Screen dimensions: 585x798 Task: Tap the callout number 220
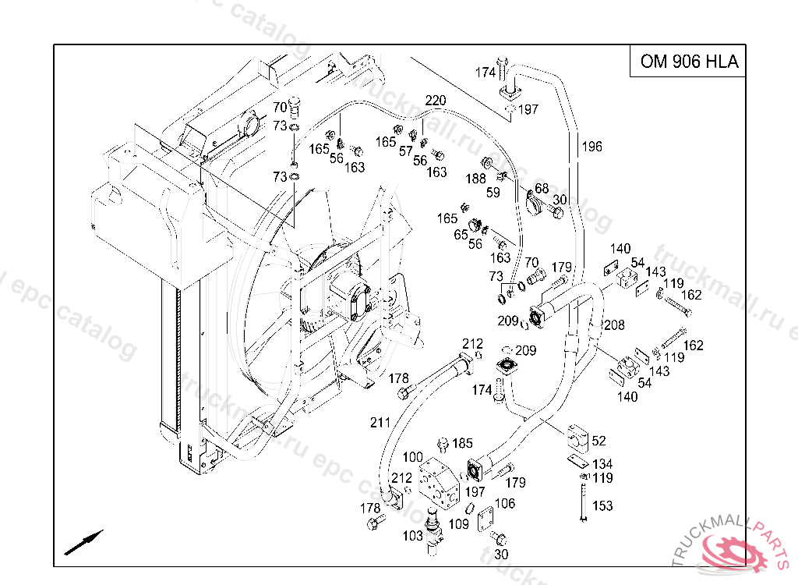436,101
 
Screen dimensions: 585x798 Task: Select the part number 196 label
591,146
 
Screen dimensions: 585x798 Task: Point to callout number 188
475,179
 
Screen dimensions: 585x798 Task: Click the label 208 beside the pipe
614,324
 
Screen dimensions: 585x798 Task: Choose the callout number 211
380,423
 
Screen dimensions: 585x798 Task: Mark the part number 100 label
413,457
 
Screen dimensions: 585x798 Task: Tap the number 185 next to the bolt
463,444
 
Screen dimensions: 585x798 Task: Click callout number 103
413,536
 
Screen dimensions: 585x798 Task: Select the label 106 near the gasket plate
505,504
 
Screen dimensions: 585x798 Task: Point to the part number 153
602,506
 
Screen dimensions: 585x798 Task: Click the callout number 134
602,465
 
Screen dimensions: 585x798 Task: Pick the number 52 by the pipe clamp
598,441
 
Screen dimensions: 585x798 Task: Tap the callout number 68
542,188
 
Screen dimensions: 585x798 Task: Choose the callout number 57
406,151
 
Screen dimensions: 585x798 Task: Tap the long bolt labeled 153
582,500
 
